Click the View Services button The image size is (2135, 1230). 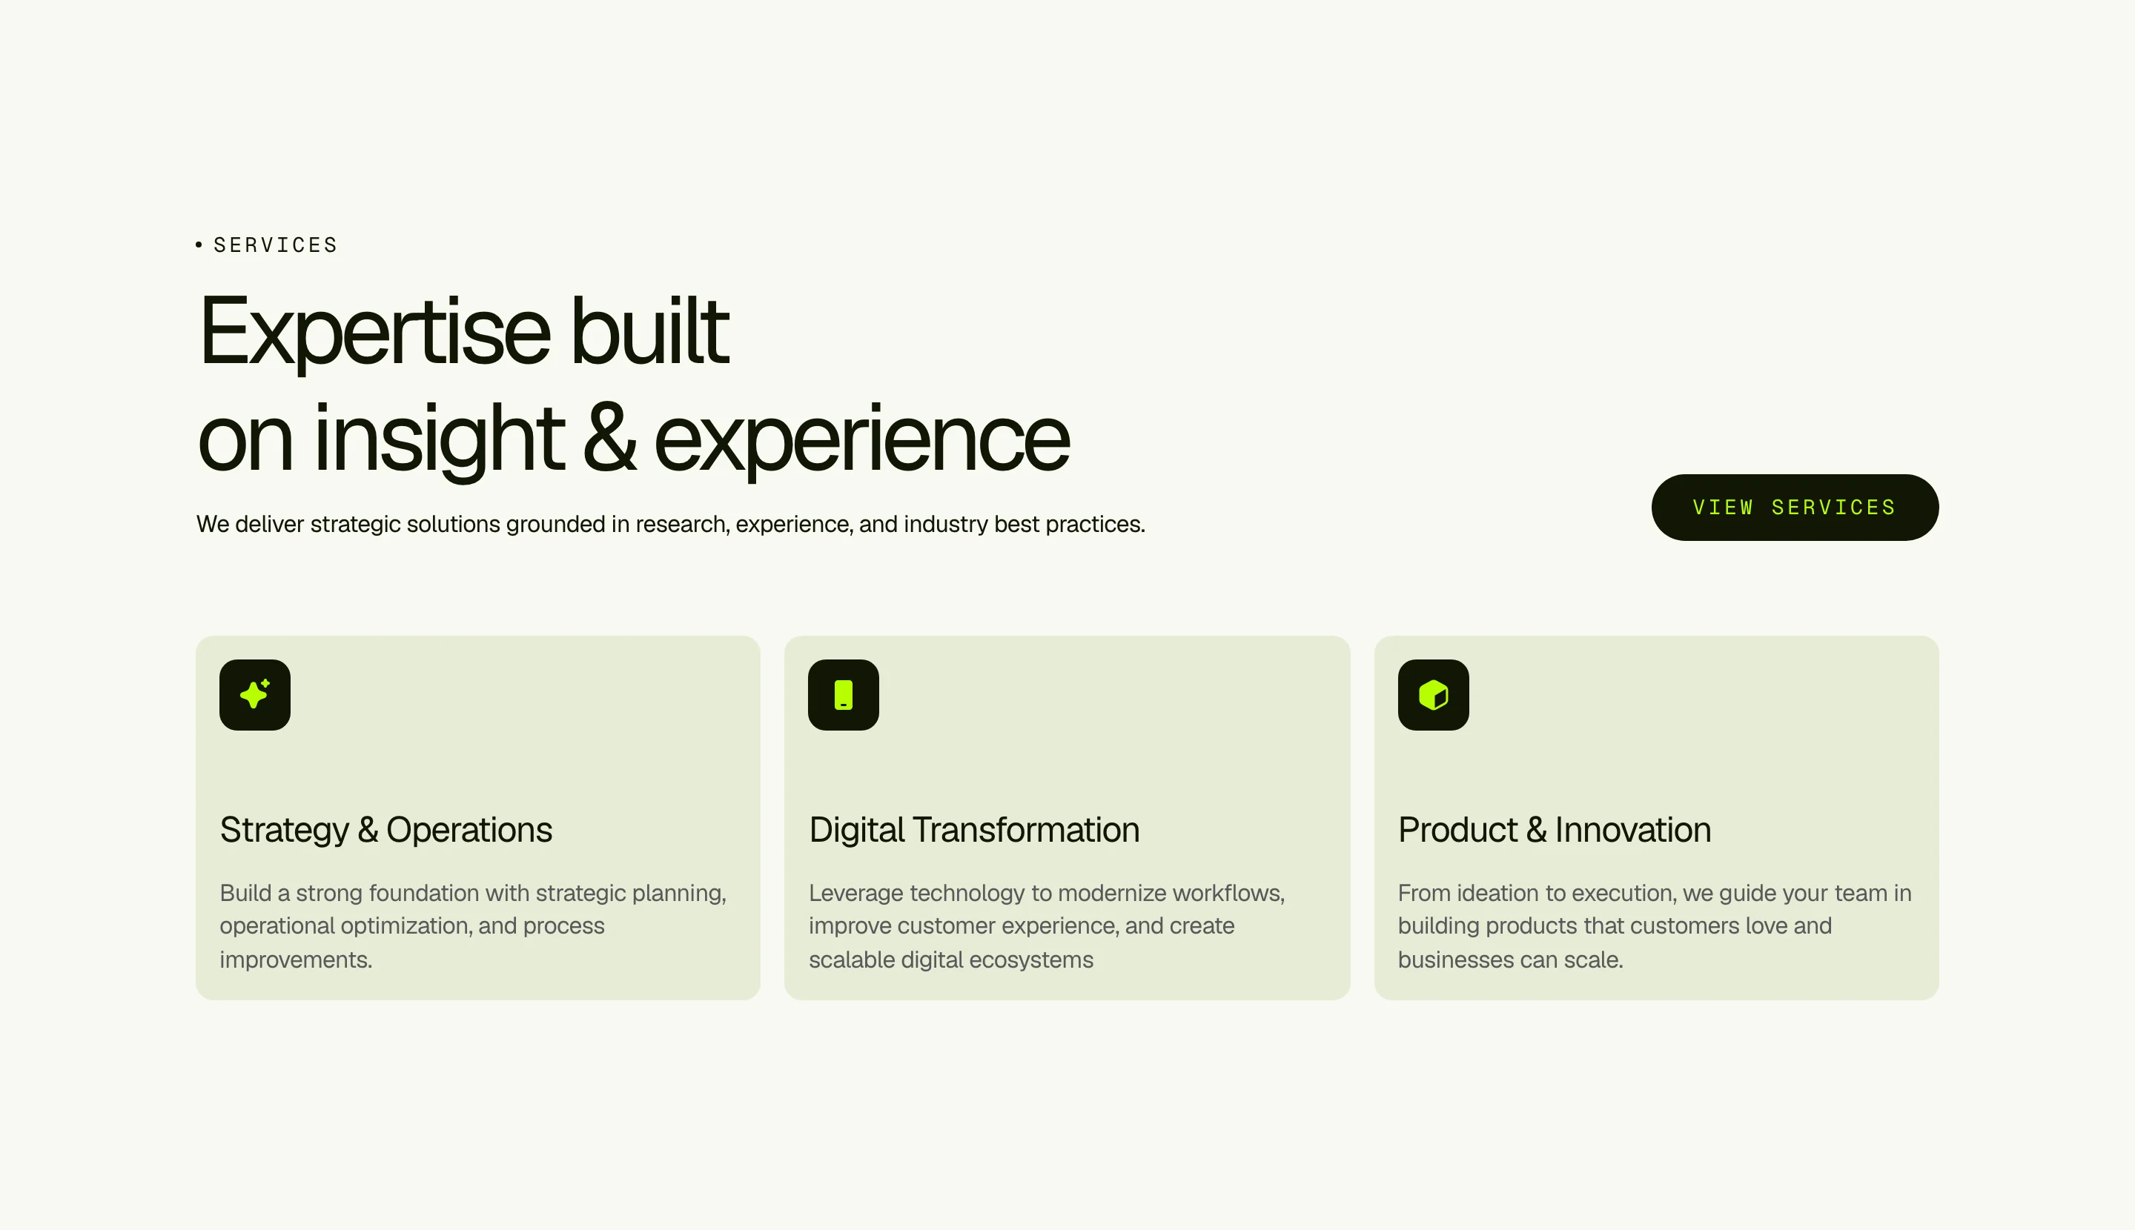coord(1795,507)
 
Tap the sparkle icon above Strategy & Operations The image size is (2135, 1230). coord(254,694)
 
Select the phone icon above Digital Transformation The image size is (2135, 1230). coord(844,694)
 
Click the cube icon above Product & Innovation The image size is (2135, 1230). coord(1434,694)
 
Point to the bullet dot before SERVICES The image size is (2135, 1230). coord(199,245)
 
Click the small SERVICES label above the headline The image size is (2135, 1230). coord(276,245)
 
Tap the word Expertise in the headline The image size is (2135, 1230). coord(374,332)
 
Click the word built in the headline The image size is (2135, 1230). coord(649,330)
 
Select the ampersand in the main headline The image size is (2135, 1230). coord(609,438)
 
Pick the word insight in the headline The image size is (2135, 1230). coord(439,439)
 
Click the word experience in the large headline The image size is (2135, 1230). coord(862,441)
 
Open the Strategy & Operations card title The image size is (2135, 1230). coord(385,831)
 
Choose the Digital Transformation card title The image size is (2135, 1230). coord(973,831)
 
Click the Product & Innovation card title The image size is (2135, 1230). coord(1555,831)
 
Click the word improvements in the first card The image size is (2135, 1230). coord(296,960)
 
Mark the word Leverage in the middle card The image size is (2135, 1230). coord(856,894)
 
